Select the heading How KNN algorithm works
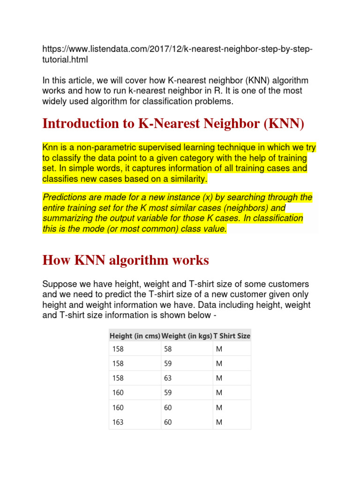(126, 260)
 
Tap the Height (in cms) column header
(135, 336)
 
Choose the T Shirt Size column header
(232, 336)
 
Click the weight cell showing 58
(168, 349)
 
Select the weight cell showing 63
(168, 378)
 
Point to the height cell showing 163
(118, 422)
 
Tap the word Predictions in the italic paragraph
(64, 197)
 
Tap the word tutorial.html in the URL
(65, 60)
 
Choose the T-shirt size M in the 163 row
(218, 422)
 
